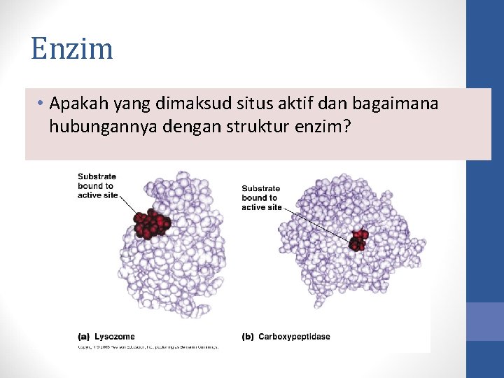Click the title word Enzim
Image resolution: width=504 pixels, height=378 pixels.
(x=71, y=50)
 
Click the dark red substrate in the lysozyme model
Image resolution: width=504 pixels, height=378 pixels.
(x=152, y=223)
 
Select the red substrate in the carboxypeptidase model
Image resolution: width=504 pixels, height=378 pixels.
(x=358, y=239)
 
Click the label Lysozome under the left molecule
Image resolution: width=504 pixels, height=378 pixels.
(x=115, y=337)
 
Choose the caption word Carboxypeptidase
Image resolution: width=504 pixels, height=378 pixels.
(x=294, y=337)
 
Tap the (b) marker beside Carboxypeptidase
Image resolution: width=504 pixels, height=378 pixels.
(x=248, y=337)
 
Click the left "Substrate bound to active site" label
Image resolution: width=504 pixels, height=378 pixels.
(x=97, y=185)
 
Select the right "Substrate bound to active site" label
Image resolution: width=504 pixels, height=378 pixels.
(x=261, y=197)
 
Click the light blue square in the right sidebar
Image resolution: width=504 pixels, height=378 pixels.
(x=485, y=321)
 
